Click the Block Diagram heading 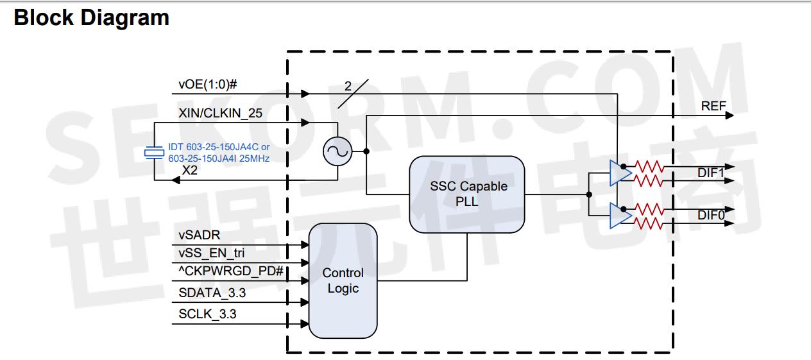91,17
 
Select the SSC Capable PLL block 468,194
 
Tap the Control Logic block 343,281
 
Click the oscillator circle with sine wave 336,151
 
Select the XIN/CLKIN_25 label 221,113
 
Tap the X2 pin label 191,170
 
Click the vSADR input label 199,235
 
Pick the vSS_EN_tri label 211,253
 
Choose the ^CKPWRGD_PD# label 231,271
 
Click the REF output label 713,106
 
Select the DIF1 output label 711,173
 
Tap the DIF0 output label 711,216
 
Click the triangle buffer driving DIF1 619,173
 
